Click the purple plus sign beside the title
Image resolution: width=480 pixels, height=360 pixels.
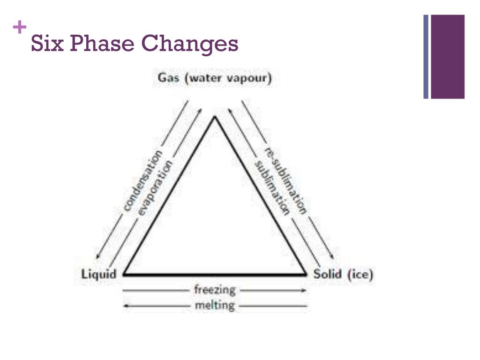tap(19, 28)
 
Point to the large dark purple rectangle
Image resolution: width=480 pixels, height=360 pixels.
tap(448, 57)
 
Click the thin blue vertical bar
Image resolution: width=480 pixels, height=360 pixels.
tap(426, 57)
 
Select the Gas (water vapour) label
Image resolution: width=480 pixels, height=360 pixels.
tap(215, 78)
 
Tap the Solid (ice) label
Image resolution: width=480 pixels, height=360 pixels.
tap(344, 274)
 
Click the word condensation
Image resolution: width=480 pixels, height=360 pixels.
tap(143, 180)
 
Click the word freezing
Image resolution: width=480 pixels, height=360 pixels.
tap(215, 290)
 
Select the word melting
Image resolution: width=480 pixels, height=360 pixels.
tap(215, 306)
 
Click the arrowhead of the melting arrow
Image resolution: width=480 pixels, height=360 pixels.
tap(125, 306)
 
